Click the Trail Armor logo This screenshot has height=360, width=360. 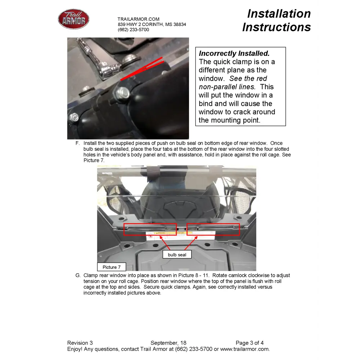point(73,19)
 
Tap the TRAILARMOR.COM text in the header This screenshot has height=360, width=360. point(138,19)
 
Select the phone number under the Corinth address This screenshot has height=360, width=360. point(133,30)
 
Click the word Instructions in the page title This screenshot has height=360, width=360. point(276,27)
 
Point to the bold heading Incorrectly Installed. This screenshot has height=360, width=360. point(234,54)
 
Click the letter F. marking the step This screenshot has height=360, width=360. point(77,143)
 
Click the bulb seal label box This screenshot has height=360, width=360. point(177,255)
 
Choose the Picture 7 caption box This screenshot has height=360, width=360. point(111,267)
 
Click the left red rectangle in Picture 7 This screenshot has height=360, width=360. point(150,229)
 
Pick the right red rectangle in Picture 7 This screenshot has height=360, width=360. point(213,229)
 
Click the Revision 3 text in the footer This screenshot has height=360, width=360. point(80,343)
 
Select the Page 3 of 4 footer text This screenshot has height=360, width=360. point(249,343)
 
